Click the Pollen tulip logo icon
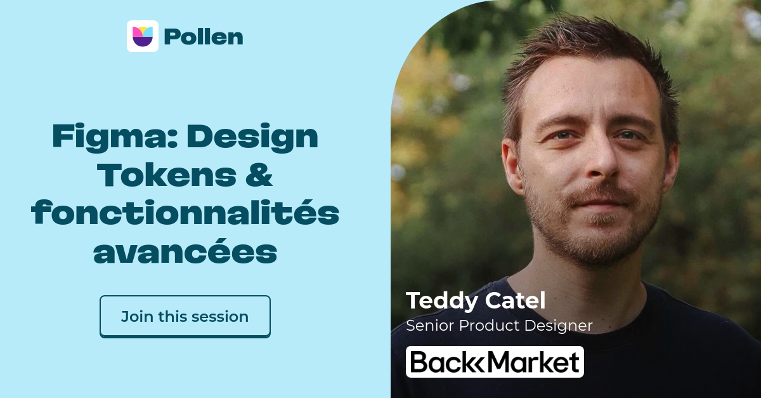[x=142, y=36]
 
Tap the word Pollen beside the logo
[x=203, y=37]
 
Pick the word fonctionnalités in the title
[x=185, y=214]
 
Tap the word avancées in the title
[x=185, y=253]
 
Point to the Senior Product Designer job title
[x=499, y=326]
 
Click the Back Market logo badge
[x=495, y=362]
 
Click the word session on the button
[x=221, y=316]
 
